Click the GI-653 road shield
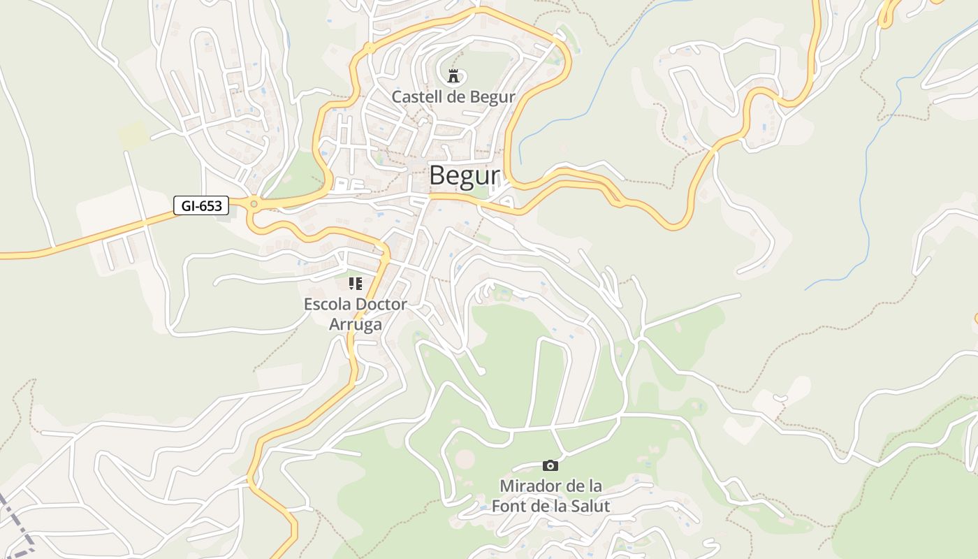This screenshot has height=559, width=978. tap(201, 205)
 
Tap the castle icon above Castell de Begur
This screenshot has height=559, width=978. tap(453, 75)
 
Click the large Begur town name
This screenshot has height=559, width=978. tap(464, 175)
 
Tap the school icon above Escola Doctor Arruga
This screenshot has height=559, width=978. tap(356, 283)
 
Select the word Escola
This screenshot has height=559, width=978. tap(328, 305)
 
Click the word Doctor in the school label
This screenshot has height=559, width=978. tap(381, 305)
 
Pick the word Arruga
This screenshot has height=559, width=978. tap(356, 324)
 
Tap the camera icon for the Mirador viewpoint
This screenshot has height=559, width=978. tap(550, 465)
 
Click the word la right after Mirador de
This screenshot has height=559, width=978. tap(594, 486)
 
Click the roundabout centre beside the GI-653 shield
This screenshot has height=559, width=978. tap(254, 205)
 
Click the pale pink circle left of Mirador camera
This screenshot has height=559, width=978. tap(465, 460)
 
